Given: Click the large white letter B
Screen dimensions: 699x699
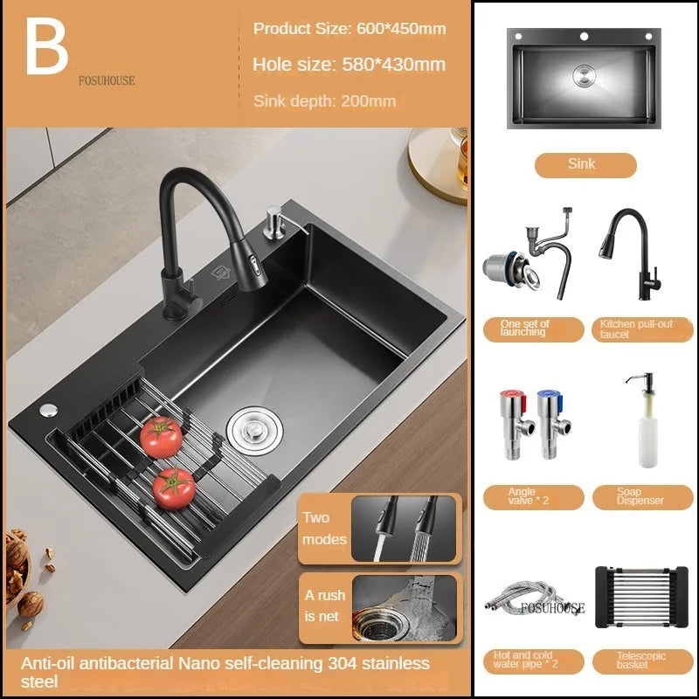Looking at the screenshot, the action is (47, 46).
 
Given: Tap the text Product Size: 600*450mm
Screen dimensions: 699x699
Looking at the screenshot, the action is (349, 29).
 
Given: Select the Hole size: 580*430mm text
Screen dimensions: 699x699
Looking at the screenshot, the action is (349, 65).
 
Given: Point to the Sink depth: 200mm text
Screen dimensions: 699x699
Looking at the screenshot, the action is (324, 101).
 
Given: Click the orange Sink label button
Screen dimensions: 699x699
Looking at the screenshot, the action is (585, 165).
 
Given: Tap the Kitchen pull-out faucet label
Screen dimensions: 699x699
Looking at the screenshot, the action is (642, 329).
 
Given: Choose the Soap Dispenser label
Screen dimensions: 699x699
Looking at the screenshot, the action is (642, 497).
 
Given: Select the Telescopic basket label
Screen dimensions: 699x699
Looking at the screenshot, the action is (642, 661).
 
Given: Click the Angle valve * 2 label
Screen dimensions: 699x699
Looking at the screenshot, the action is (534, 497).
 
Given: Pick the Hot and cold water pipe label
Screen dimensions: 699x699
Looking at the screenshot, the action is (534, 661).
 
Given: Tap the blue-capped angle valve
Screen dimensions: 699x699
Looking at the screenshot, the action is (553, 425).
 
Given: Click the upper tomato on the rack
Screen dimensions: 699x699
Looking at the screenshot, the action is (161, 437).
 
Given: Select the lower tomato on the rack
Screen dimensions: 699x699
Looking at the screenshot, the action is (174, 488).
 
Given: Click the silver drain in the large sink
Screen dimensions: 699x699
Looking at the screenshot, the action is (254, 431).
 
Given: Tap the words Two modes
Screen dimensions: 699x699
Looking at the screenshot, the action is (324, 529).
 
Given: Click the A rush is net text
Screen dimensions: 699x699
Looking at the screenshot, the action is (325, 606).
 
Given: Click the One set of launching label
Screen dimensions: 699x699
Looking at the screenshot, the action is (534, 329).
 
